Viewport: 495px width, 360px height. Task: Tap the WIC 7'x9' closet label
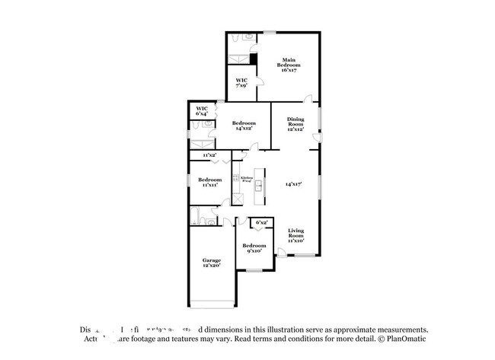241,83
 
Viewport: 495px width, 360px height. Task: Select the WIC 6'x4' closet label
202,111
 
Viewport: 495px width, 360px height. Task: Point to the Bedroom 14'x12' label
244,126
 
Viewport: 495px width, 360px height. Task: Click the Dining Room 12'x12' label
295,123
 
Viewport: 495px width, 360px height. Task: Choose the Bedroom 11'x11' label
209,182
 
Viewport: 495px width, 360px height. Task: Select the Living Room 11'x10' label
296,236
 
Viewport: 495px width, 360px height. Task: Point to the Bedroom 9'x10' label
254,248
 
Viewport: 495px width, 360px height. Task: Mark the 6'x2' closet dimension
261,222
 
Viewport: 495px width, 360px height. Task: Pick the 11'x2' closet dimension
209,155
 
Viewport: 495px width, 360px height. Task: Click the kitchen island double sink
259,186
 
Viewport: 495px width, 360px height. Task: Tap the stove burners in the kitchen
235,178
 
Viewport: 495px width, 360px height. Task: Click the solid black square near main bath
254,59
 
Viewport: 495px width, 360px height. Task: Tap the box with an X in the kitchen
238,198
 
